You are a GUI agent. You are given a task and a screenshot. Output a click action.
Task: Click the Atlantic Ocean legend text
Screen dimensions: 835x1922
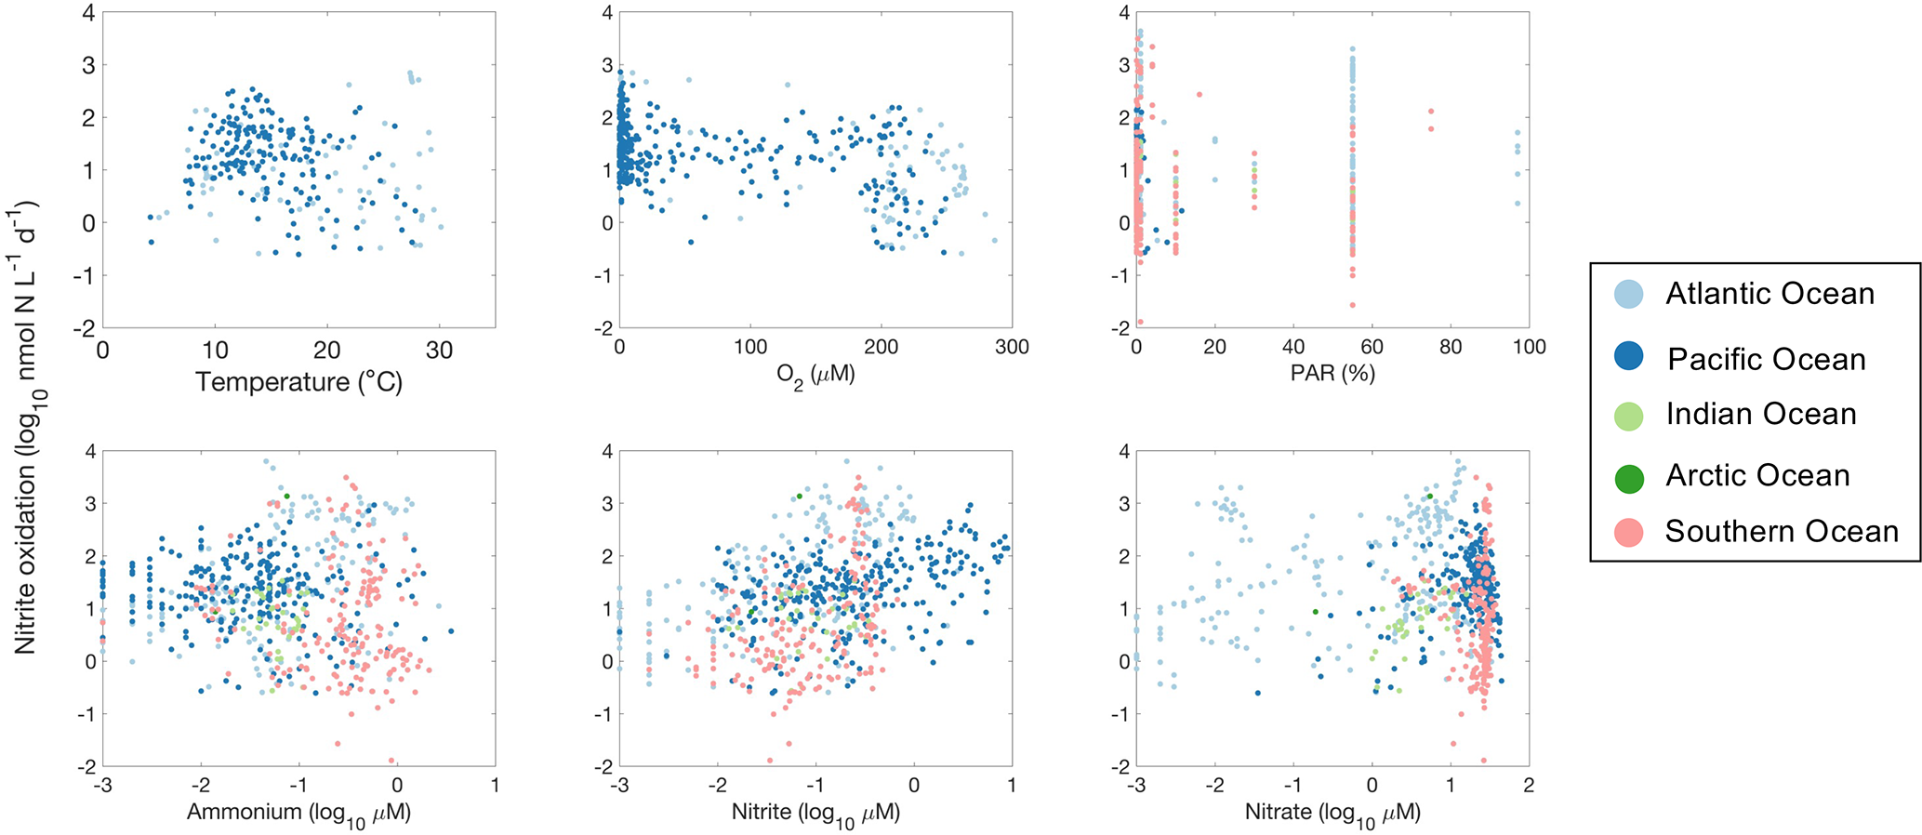[x=1770, y=294]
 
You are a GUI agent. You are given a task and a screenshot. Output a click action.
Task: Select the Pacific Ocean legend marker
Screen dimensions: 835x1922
[x=1628, y=356]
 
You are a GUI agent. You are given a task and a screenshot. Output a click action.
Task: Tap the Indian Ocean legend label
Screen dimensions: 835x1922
[x=1760, y=414]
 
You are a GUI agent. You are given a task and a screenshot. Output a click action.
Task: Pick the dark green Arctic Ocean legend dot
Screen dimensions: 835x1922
[x=1628, y=478]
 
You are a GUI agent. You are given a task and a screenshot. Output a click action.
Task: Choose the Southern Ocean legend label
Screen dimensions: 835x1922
[x=1781, y=531]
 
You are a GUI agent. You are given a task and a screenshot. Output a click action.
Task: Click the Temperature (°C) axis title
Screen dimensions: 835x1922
[x=298, y=382]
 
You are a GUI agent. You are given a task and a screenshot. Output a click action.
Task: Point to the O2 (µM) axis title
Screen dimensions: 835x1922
[x=815, y=376]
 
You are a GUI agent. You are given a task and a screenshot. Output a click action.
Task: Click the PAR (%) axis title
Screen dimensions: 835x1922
[x=1332, y=374]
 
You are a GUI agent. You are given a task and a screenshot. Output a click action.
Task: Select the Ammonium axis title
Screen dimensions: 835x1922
[x=298, y=813]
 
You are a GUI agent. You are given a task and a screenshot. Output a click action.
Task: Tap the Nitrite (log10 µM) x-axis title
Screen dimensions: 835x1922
[x=815, y=813]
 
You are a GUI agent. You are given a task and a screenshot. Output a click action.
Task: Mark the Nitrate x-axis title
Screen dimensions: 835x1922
[x=1332, y=813]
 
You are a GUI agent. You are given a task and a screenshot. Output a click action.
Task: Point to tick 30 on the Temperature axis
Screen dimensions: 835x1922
[x=440, y=351]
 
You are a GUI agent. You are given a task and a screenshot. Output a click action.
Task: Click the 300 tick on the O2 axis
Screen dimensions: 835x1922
[x=1012, y=347]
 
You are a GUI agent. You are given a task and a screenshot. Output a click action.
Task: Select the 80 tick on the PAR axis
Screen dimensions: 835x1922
[x=1450, y=347]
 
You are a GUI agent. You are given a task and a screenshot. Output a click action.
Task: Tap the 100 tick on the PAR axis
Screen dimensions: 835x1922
[x=1529, y=347]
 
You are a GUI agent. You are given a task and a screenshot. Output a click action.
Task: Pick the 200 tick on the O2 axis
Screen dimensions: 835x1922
[x=881, y=347]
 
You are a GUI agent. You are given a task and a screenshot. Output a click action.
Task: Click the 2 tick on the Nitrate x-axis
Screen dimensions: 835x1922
[x=1529, y=786]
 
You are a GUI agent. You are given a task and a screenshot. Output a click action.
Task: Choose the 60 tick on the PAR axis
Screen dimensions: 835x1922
[x=1372, y=347]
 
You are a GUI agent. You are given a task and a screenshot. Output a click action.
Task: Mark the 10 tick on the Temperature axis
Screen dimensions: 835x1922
[x=215, y=351]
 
